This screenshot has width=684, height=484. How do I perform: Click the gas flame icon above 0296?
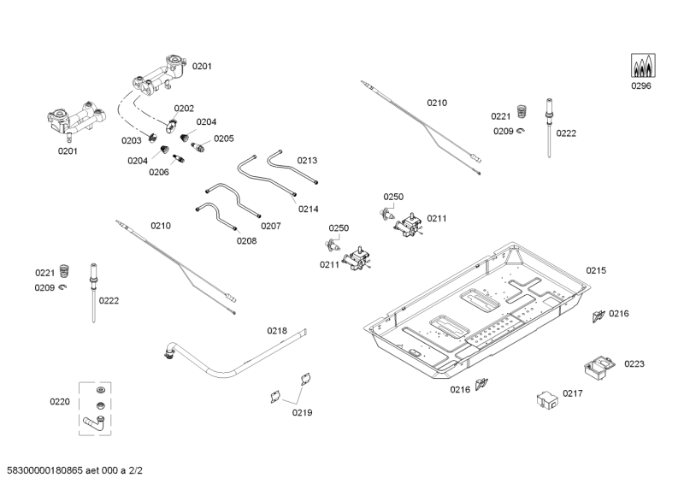point(641,65)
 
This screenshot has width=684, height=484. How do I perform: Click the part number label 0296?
point(641,85)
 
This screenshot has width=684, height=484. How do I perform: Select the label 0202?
point(185,109)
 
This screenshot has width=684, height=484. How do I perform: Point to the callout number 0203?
point(131,140)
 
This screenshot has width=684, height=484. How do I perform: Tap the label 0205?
point(223,139)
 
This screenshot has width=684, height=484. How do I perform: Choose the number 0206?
point(159,172)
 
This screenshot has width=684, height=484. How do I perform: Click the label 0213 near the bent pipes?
point(308,160)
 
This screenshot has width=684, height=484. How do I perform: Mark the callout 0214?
point(309,209)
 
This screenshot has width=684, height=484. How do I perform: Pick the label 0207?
point(271,226)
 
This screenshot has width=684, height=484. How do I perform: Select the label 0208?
point(246,240)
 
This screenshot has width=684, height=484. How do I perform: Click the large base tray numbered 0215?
point(479,316)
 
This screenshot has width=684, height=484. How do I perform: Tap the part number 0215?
point(596,270)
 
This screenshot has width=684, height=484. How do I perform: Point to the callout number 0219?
point(302,413)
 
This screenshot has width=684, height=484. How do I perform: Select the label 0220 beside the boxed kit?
point(60,400)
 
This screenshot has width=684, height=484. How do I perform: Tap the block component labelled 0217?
point(544,400)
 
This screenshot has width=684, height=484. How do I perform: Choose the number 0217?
point(573,394)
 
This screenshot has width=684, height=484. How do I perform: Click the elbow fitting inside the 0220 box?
point(92,420)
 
